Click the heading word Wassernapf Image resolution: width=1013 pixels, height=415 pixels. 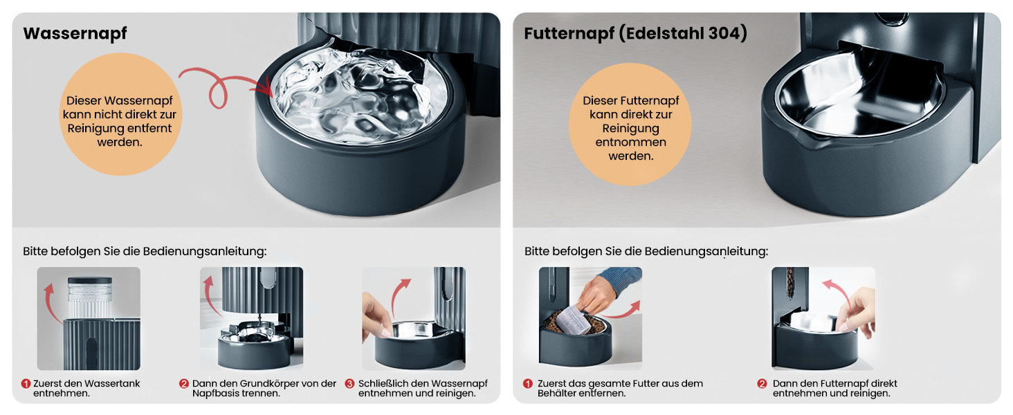pyautogui.click(x=75, y=33)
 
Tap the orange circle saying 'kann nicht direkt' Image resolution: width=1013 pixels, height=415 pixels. pyautogui.click(x=120, y=114)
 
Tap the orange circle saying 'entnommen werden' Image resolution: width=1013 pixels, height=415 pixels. pyautogui.click(x=630, y=124)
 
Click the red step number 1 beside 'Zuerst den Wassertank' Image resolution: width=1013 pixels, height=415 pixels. pyautogui.click(x=26, y=383)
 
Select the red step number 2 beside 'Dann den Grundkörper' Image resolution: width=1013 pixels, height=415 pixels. pyautogui.click(x=183, y=383)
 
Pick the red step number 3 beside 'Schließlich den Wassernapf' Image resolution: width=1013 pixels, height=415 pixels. pyautogui.click(x=349, y=383)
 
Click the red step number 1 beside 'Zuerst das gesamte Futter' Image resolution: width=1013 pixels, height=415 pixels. pyautogui.click(x=528, y=383)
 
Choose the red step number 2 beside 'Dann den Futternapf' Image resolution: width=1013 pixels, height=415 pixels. pyautogui.click(x=762, y=383)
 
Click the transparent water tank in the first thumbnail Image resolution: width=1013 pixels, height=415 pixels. pyautogui.click(x=90, y=297)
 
